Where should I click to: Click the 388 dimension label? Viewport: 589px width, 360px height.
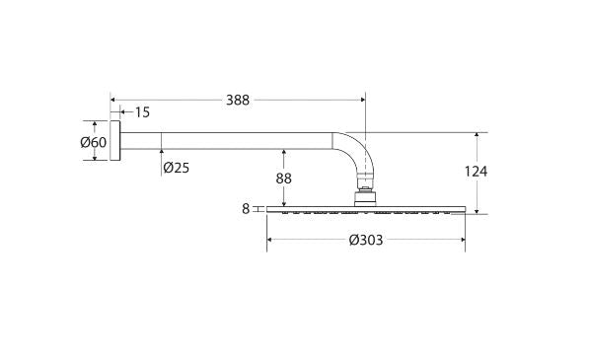238,101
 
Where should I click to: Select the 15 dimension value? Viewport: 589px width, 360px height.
142,112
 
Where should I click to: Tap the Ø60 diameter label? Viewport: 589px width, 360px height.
94,142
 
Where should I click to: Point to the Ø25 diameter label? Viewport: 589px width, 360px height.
177,168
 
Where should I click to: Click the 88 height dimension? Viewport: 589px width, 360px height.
283,179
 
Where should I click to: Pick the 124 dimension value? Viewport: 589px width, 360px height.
476,172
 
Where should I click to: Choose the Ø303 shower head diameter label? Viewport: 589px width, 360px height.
366,240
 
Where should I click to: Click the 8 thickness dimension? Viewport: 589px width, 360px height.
246,209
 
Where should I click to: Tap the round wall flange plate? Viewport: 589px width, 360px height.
115,140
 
